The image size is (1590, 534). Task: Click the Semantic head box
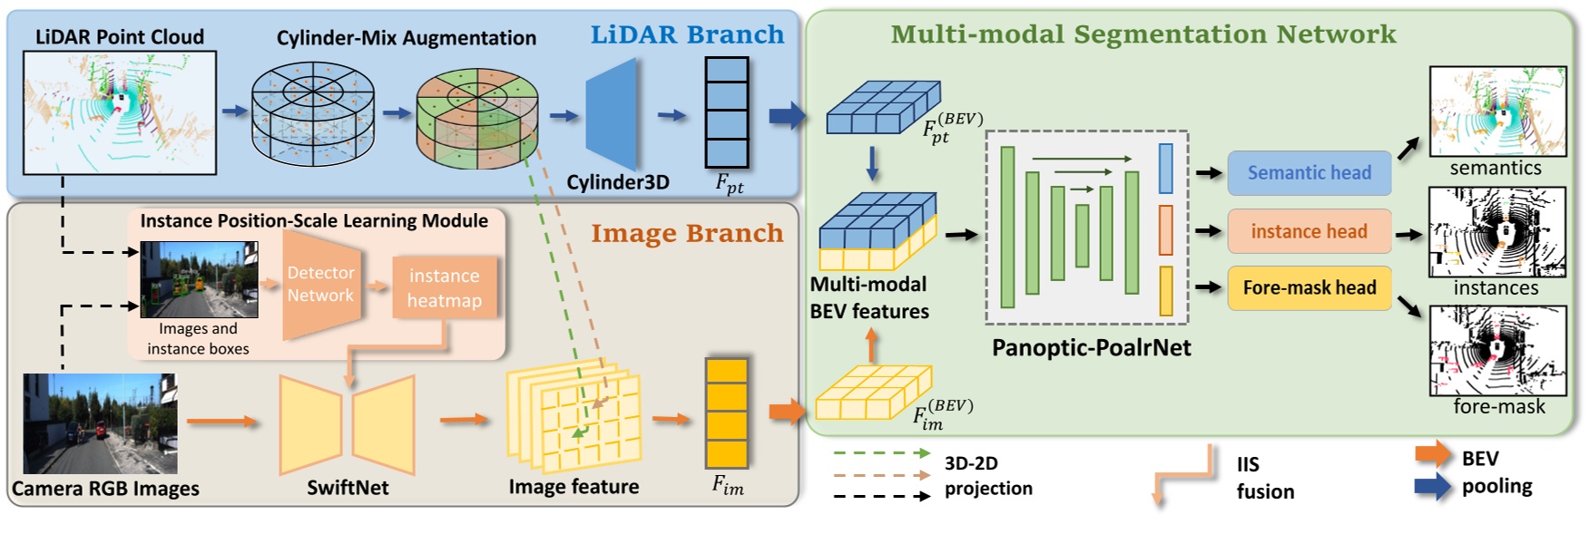1309,173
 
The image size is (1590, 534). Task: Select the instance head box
1309,231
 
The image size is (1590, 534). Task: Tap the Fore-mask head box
1309,288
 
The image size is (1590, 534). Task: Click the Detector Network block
319,284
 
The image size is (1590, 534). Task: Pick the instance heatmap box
444,288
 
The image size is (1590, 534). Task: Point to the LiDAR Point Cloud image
119,112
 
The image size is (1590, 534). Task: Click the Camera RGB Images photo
100,423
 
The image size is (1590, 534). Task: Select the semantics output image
1497,112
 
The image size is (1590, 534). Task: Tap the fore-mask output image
1497,351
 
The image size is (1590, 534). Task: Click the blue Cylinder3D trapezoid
612,114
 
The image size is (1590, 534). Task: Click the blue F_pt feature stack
726,112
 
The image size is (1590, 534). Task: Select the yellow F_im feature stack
726,413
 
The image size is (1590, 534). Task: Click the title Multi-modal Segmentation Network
1143,34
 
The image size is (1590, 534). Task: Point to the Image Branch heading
687,233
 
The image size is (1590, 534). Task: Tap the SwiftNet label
348,488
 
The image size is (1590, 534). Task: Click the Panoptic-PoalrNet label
1091,348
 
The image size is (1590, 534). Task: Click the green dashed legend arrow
881,452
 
